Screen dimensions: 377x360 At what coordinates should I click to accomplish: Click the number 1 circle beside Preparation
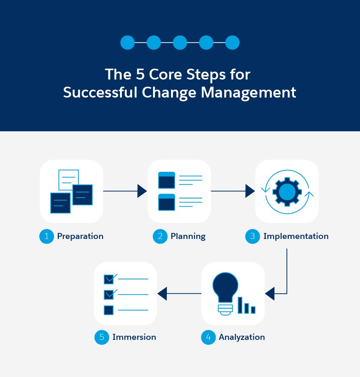47,236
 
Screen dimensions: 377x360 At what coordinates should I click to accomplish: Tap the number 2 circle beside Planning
160,236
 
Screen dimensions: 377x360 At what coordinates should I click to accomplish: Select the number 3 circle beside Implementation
253,236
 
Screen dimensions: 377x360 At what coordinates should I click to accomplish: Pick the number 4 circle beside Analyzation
208,337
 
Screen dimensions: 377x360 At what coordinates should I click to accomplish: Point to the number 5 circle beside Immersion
102,337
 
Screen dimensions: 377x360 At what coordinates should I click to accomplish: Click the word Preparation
80,236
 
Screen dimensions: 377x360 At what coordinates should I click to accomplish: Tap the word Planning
188,236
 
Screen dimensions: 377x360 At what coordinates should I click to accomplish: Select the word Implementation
296,236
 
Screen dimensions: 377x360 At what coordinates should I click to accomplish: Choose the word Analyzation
242,337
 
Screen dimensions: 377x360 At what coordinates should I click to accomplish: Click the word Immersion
134,337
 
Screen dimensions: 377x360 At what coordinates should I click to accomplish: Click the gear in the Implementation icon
287,191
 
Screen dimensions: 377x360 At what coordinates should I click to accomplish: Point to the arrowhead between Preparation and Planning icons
142,191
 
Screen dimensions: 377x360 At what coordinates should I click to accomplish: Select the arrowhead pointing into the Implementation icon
250,191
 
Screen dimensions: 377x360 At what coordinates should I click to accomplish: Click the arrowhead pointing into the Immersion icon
162,293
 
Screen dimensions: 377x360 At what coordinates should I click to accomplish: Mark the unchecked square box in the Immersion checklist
108,310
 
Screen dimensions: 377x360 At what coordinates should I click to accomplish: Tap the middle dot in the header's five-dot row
180,42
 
